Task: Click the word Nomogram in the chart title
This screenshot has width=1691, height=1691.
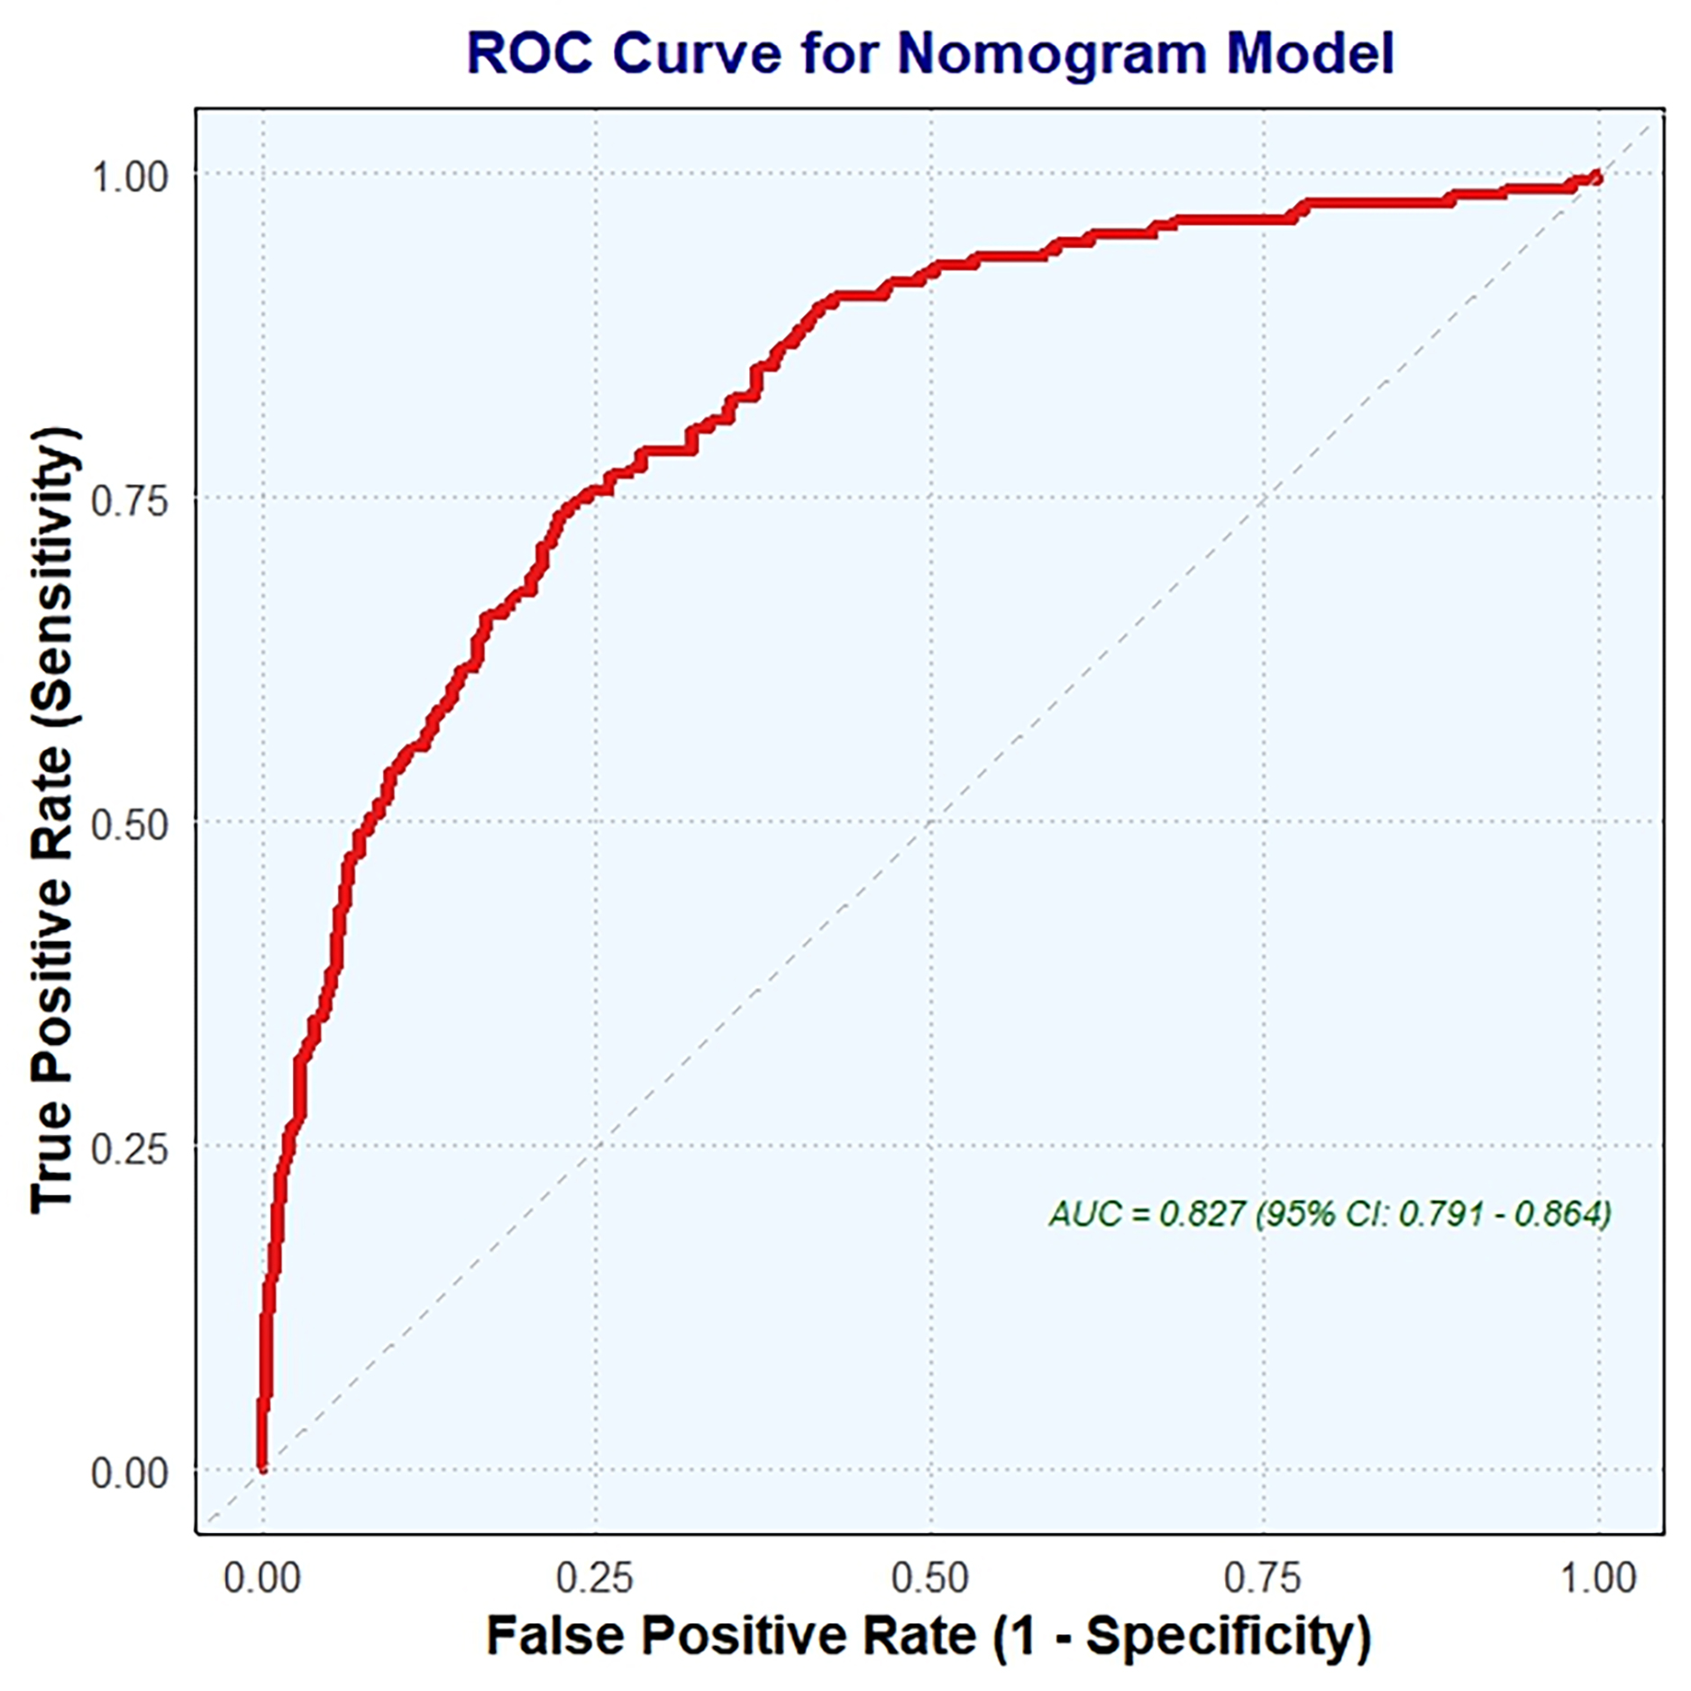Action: pos(1053,54)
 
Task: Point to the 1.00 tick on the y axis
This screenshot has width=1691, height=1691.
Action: pos(130,177)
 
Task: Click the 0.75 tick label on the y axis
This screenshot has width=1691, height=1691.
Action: pos(130,500)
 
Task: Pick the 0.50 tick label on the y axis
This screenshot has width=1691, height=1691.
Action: pos(130,825)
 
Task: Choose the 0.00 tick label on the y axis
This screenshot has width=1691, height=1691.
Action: pos(130,1473)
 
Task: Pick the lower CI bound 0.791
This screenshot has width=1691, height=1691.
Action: pos(1440,1214)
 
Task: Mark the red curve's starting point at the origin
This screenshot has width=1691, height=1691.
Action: pos(262,1468)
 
